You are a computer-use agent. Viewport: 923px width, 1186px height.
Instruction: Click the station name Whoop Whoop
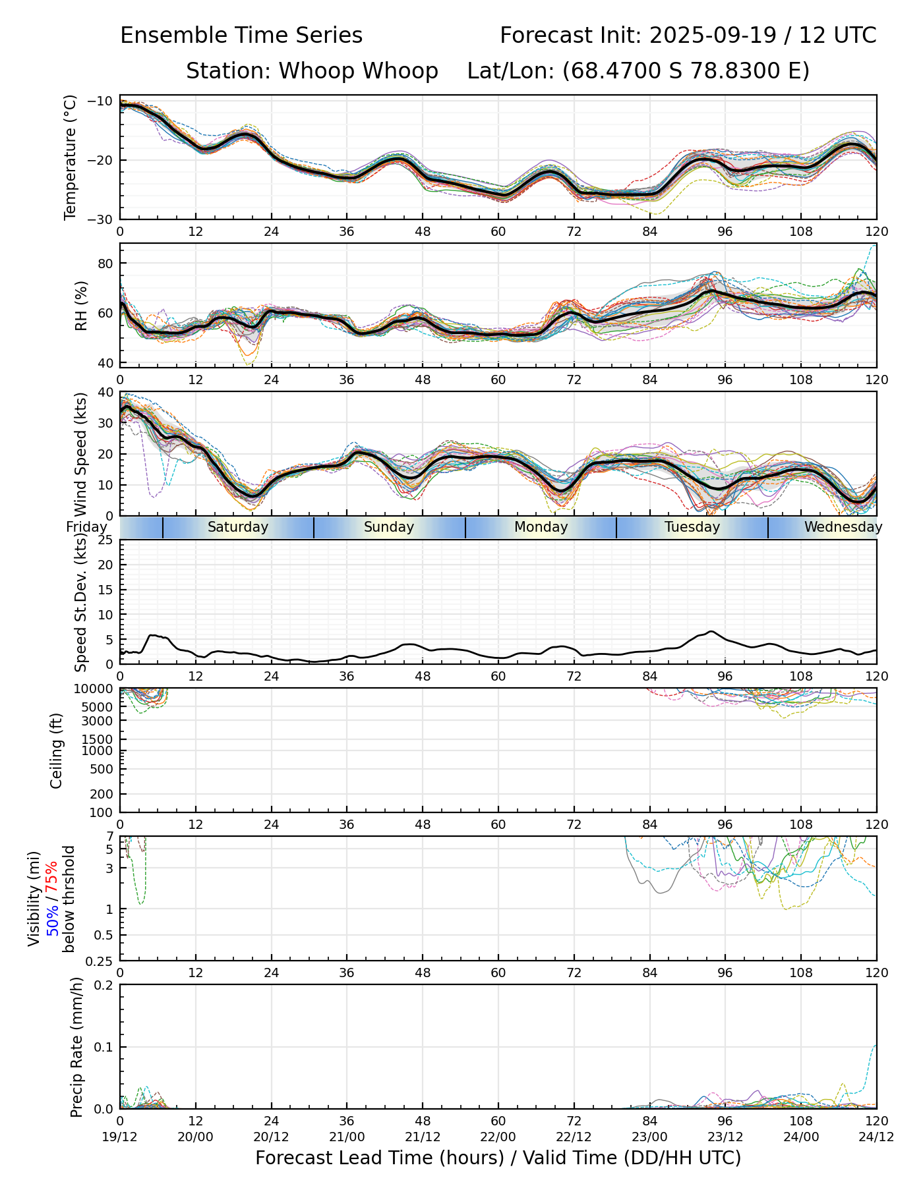coord(358,71)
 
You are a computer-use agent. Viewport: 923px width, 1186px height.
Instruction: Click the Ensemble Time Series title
coord(241,36)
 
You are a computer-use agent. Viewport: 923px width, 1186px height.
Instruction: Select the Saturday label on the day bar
coord(238,527)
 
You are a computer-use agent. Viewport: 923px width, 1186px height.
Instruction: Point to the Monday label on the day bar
coord(541,527)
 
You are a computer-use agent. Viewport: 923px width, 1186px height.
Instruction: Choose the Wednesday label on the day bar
coord(843,527)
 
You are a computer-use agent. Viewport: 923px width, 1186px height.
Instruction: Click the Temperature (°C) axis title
coord(71,157)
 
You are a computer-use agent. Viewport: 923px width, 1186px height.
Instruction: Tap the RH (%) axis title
coord(81,306)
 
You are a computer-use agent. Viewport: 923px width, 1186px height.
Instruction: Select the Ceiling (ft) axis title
coord(57,750)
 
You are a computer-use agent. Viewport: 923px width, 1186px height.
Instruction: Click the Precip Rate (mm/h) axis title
coord(76,1047)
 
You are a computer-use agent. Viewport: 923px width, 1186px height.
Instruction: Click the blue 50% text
coord(51,917)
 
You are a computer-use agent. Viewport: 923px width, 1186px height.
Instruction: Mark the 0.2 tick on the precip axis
coord(105,985)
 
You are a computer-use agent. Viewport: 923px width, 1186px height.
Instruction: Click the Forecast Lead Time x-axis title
coord(498,1158)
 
